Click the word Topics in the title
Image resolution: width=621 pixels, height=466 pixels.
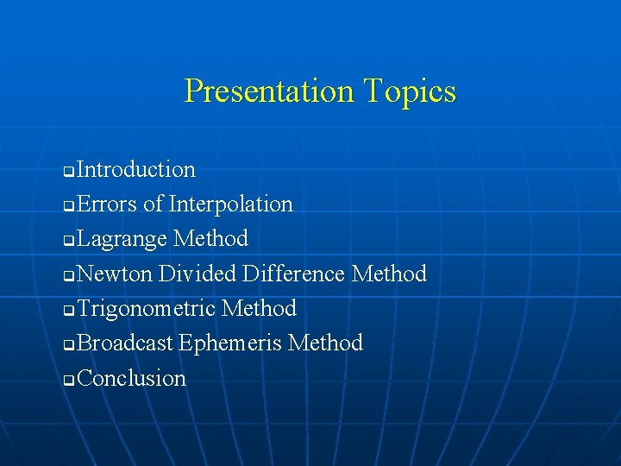click(x=409, y=91)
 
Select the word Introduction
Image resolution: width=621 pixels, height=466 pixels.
click(x=136, y=169)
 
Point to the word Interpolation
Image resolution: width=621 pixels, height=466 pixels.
click(x=231, y=205)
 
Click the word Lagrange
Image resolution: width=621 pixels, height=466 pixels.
click(x=122, y=239)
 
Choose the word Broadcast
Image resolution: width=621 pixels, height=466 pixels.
click(x=125, y=343)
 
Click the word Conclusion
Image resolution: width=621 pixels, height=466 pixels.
click(x=131, y=379)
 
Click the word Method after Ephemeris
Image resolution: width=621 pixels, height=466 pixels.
click(x=325, y=343)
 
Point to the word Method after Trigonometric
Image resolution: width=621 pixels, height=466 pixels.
click(x=259, y=309)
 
